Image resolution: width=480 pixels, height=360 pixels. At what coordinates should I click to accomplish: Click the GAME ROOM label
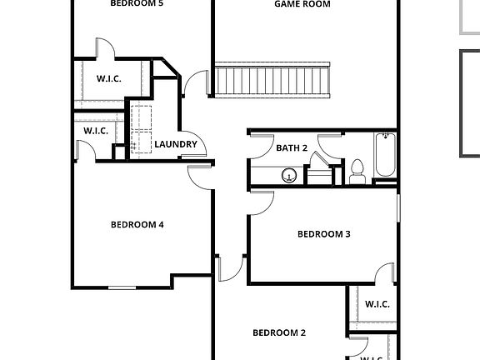[302, 4]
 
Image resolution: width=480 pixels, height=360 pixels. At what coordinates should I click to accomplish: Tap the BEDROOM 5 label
[137, 3]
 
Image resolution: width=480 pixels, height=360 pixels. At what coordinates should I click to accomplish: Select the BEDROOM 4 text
[137, 224]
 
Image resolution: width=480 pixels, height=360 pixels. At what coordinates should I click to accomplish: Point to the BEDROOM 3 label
[324, 234]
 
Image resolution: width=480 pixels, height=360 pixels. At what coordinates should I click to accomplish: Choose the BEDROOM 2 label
[279, 333]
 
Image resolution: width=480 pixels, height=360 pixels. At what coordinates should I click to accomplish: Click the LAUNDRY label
[176, 144]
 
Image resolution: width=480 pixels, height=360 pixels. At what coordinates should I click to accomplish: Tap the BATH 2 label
[292, 148]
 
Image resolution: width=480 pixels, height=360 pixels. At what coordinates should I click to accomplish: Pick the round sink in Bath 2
[290, 175]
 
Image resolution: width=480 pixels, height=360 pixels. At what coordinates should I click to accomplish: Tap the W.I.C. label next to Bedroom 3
[377, 305]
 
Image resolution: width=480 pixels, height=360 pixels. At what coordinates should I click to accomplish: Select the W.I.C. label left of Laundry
[97, 132]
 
